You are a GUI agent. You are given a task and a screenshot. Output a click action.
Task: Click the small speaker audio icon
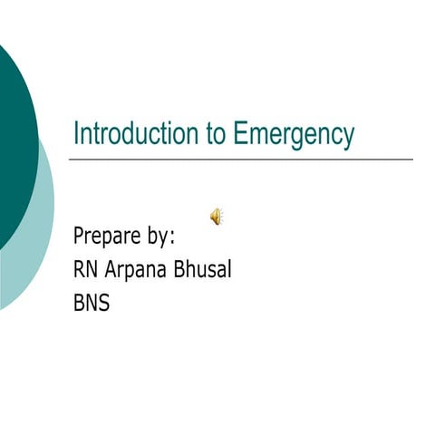pos(217,216)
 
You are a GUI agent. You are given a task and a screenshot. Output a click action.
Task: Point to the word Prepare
pos(107,237)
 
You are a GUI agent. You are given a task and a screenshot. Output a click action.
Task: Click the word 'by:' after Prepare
pos(160,238)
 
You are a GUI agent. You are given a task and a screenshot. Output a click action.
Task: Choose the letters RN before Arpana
pos(86,269)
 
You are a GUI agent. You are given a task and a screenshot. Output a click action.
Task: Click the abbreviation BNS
pos(92,303)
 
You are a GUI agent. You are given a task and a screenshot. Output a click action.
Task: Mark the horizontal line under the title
pos(240,159)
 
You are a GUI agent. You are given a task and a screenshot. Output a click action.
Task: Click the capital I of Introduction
pos(76,133)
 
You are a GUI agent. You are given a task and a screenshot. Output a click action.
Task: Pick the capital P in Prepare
pos(79,237)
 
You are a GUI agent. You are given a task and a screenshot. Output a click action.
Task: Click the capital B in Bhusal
pos(182,269)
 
